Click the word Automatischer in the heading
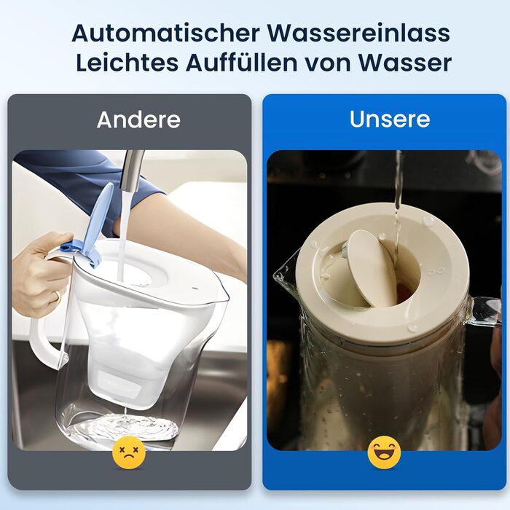click(x=166, y=33)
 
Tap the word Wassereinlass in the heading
click(x=358, y=33)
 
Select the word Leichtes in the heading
click(x=127, y=63)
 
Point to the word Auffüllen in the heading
click(x=242, y=63)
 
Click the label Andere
click(x=138, y=119)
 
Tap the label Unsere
click(x=390, y=119)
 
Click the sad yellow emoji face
click(x=129, y=452)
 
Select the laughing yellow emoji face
click(x=384, y=452)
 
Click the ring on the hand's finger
click(x=58, y=296)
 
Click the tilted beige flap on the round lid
click(x=372, y=268)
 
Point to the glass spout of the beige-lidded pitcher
click(x=286, y=273)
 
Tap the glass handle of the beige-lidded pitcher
click(x=484, y=313)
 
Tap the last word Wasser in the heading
click(x=404, y=63)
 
